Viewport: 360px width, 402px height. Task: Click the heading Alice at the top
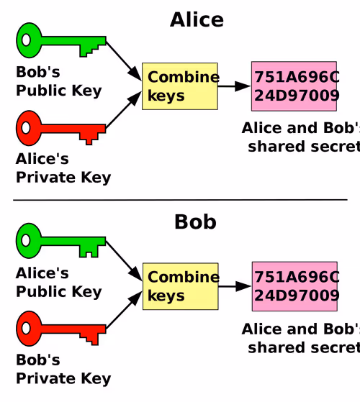(x=197, y=19)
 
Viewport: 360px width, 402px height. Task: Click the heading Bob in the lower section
(x=195, y=221)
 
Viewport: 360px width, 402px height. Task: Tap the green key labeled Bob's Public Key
(x=51, y=41)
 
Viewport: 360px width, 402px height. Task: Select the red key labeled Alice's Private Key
(x=51, y=129)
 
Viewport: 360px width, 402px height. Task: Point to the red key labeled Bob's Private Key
(x=51, y=329)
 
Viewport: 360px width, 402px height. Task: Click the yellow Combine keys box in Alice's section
(x=180, y=86)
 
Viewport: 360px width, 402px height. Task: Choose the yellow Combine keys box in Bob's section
(x=181, y=286)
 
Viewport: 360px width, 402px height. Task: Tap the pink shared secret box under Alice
(x=294, y=86)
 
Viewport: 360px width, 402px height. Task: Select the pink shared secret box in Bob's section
(x=294, y=286)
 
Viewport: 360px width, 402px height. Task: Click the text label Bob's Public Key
(x=59, y=81)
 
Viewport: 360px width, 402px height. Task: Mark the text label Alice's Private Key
(x=63, y=168)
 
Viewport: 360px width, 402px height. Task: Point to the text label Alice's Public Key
(x=59, y=283)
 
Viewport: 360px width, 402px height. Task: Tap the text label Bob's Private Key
(x=63, y=370)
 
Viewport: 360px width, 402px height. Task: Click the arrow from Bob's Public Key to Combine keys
(x=124, y=60)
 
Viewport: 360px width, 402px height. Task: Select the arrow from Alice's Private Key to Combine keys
(x=124, y=109)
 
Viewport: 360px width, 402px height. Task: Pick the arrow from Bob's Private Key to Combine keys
(x=124, y=310)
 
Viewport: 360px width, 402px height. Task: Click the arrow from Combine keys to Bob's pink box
(x=235, y=286)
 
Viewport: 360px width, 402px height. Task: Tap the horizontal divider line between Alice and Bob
(x=180, y=199)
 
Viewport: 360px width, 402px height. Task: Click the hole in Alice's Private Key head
(x=26, y=128)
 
